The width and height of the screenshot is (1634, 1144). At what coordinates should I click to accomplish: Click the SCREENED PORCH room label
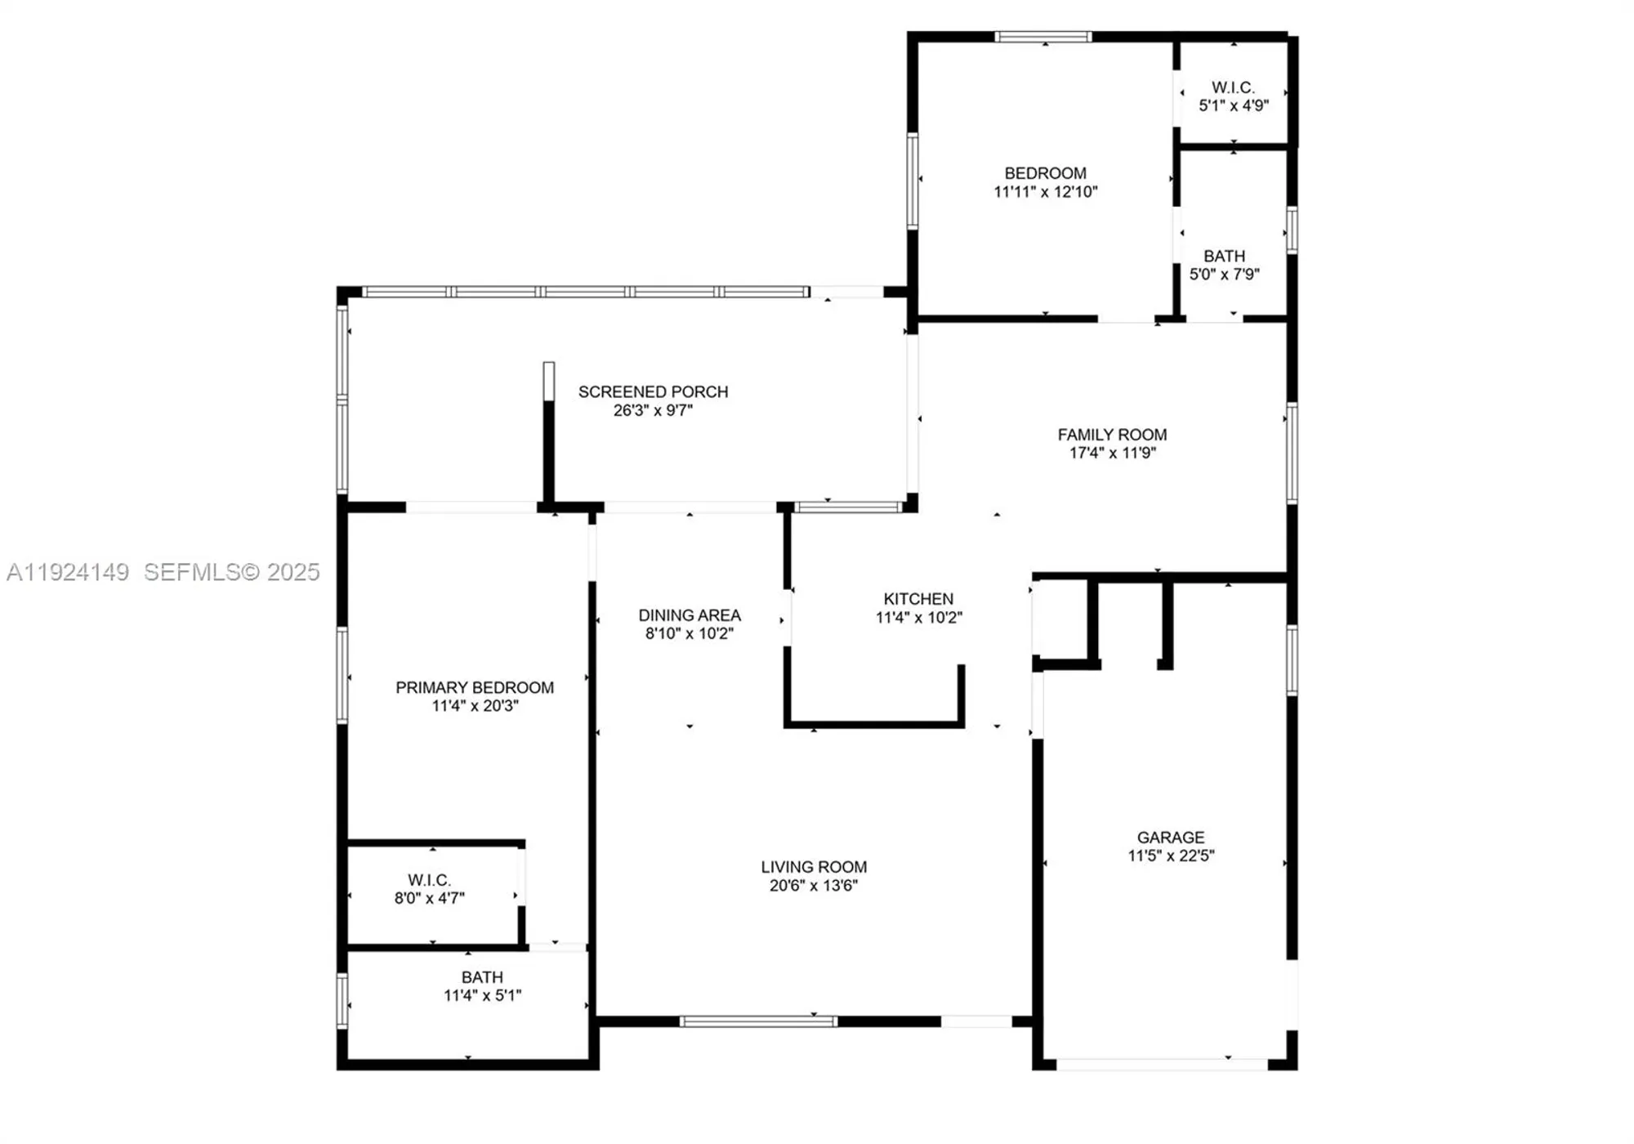pyautogui.click(x=653, y=391)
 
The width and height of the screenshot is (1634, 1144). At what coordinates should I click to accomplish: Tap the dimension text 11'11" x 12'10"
pyautogui.click(x=1045, y=192)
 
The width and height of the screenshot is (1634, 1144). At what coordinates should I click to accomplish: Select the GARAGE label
pyautogui.click(x=1170, y=837)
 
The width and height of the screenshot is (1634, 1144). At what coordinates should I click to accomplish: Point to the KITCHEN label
pyautogui.click(x=918, y=599)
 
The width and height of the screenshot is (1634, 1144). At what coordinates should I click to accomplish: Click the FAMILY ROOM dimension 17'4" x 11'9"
pyautogui.click(x=1112, y=453)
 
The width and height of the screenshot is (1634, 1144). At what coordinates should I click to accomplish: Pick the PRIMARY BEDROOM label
pyautogui.click(x=475, y=687)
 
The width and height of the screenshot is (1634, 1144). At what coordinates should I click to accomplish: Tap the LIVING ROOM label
pyautogui.click(x=814, y=866)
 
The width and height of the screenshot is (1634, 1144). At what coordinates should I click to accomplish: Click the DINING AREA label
pyautogui.click(x=690, y=614)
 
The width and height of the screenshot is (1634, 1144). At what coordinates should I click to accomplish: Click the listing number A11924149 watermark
pyautogui.click(x=68, y=572)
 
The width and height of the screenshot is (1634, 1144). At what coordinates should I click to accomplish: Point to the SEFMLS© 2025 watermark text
pyautogui.click(x=232, y=572)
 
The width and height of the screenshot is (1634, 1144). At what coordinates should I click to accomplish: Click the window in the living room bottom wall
pyautogui.click(x=758, y=1021)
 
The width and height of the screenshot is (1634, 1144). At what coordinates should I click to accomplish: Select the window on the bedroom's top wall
pyautogui.click(x=1042, y=37)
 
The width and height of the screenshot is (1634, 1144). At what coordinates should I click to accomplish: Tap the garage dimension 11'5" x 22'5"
pyautogui.click(x=1171, y=856)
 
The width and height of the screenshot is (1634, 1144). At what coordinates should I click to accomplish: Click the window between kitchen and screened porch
pyautogui.click(x=848, y=507)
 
